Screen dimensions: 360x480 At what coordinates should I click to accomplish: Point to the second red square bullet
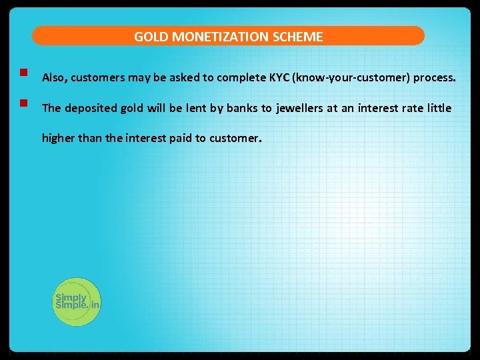click(23, 103)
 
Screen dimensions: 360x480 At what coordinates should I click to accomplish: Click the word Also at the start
click(55, 77)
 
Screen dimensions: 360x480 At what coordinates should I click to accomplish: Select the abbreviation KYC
click(279, 77)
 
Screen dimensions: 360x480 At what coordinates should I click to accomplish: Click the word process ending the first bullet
click(435, 77)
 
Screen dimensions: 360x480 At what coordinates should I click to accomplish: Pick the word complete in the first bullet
click(242, 77)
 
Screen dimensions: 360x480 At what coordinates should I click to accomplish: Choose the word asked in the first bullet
click(183, 77)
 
